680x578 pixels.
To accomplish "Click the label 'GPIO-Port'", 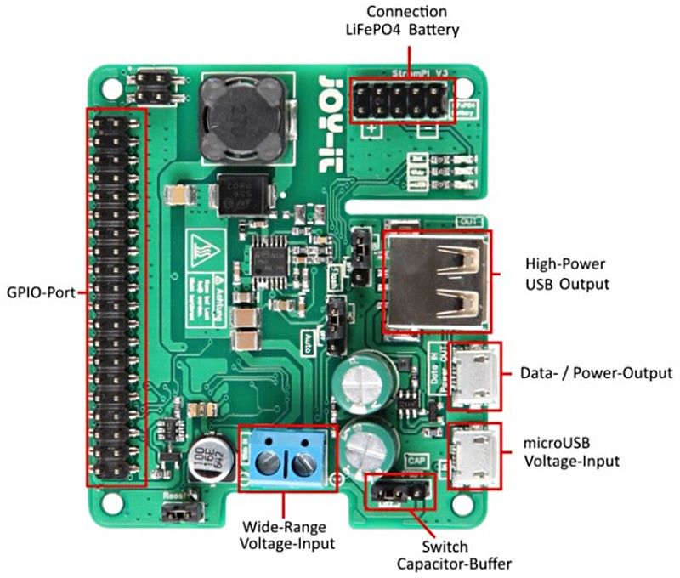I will tap(39, 292).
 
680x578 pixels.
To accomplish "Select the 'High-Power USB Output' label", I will tap(567, 274).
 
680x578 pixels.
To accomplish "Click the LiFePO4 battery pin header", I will tap(405, 102).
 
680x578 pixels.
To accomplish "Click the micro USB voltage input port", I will tap(473, 458).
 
